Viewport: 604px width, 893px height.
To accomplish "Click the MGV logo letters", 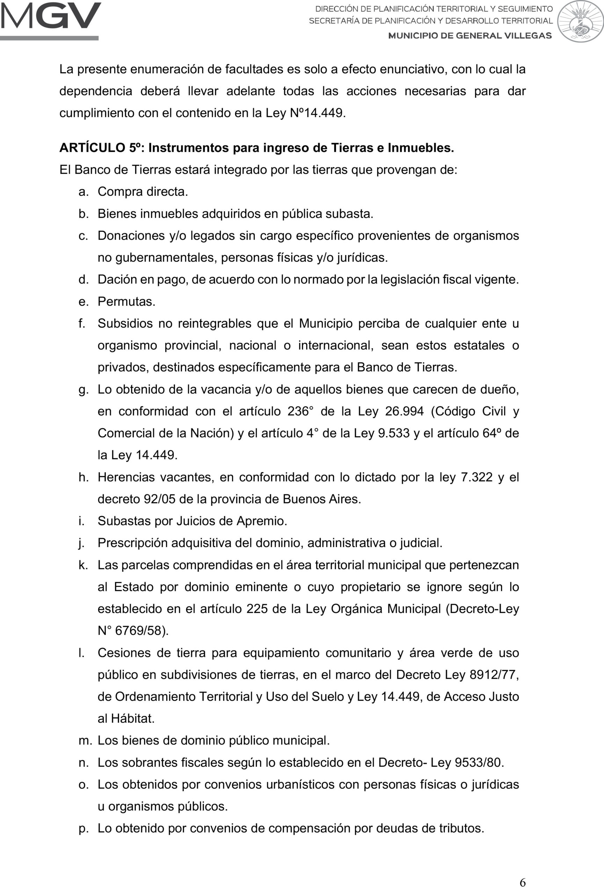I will point(50,16).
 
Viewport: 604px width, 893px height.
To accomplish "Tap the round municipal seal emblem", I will point(580,22).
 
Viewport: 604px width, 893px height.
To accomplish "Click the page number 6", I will point(523,883).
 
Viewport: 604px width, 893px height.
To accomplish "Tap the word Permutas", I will point(126,302).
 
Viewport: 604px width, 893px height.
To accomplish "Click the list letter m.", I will point(85,741).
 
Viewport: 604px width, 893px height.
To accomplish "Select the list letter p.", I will point(83,828).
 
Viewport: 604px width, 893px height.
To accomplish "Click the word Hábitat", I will point(132,719).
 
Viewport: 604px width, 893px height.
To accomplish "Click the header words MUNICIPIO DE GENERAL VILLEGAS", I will point(470,36).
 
